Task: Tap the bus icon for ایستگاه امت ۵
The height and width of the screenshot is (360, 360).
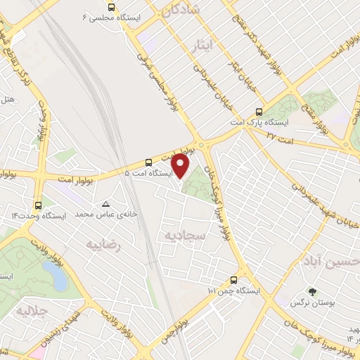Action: (x=148, y=161)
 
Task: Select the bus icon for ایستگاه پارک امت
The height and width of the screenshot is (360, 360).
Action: (x=259, y=112)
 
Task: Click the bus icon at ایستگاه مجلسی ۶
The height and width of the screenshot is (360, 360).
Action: (x=102, y=7)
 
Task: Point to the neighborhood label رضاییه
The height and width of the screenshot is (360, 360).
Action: (x=103, y=245)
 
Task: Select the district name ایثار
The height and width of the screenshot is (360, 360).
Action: (x=201, y=46)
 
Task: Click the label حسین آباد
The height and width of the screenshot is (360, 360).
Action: (x=330, y=262)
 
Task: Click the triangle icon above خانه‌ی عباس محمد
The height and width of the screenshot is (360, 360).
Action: (x=106, y=202)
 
